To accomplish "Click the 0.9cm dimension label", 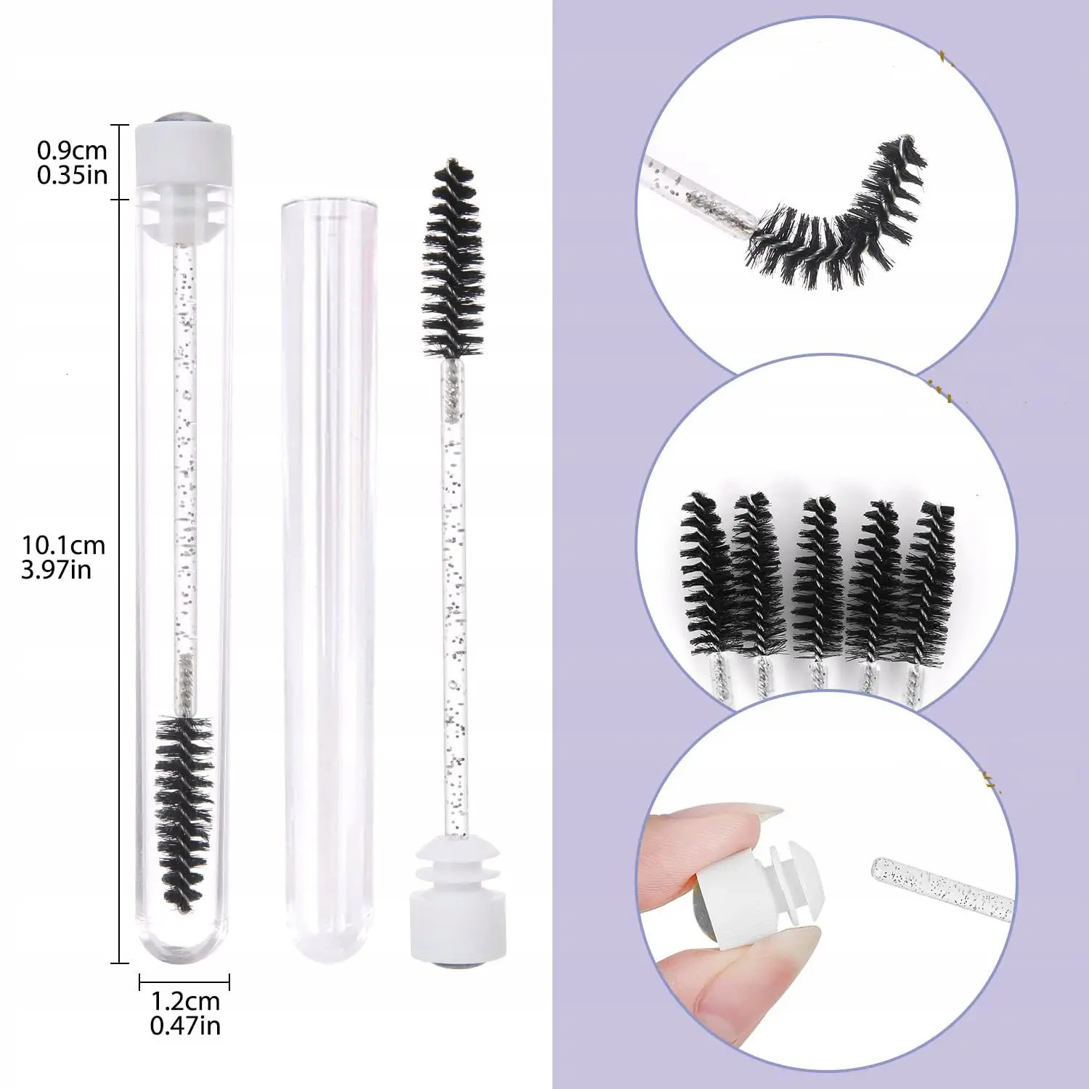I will (x=72, y=150).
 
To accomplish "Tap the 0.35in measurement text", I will (x=72, y=175).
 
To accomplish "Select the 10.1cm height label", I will (x=63, y=545).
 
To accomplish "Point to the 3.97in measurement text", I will (x=57, y=570).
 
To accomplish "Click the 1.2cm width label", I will (x=185, y=1001).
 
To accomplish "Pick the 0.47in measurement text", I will (x=185, y=1026).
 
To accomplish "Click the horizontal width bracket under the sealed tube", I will (x=184, y=982).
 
